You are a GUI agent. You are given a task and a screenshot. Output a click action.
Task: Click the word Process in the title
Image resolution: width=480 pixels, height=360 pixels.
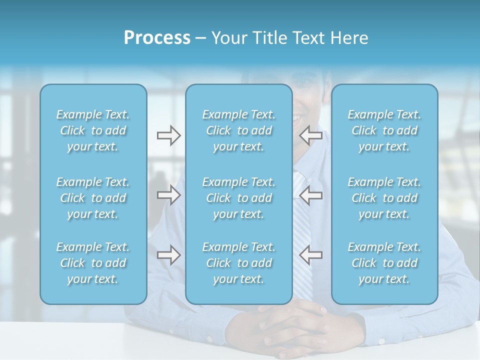click(x=157, y=38)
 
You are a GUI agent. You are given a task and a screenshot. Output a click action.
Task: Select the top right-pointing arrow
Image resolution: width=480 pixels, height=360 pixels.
click(x=168, y=135)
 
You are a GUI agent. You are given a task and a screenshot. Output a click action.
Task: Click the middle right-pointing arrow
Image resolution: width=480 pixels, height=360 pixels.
click(x=168, y=195)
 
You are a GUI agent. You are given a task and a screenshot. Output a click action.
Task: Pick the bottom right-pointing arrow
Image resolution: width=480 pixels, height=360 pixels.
click(x=168, y=255)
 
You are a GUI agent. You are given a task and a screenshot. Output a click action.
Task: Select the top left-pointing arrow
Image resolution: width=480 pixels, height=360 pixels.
click(x=310, y=135)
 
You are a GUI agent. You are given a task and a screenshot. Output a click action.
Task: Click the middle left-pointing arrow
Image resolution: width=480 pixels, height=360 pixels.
click(x=310, y=195)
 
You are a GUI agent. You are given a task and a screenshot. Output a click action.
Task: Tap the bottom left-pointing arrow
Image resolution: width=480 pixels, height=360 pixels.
click(x=310, y=255)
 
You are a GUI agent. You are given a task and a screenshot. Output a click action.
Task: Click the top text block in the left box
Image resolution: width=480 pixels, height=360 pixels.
click(x=93, y=130)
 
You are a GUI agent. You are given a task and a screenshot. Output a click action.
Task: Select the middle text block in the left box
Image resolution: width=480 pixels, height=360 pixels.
click(x=93, y=198)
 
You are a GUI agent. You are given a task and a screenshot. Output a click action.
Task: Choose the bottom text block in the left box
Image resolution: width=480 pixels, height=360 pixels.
click(x=93, y=263)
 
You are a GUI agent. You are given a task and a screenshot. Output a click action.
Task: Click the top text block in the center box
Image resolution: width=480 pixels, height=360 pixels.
click(x=239, y=130)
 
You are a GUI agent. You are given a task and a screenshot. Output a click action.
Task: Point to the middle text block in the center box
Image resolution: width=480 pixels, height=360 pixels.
click(x=239, y=198)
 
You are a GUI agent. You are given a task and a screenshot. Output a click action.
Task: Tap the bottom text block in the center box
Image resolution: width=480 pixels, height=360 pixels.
click(x=239, y=263)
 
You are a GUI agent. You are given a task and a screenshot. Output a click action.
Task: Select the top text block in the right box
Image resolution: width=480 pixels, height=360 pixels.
click(x=384, y=130)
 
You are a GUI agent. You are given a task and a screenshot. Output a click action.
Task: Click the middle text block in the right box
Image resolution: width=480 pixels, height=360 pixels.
click(x=384, y=198)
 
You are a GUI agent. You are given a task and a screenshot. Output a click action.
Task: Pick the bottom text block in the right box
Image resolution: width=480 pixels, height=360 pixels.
click(x=384, y=263)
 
